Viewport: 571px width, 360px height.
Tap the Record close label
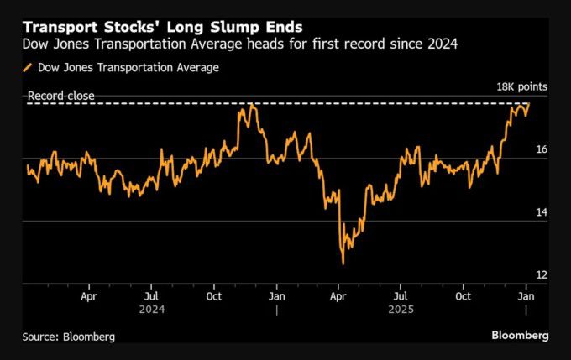coord(60,96)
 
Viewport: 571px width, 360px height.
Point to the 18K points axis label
coord(521,87)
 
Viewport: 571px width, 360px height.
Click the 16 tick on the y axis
coord(542,149)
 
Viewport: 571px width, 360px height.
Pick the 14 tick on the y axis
coord(542,212)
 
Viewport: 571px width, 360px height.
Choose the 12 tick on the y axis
coord(542,275)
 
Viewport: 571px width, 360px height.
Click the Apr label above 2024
coord(89,296)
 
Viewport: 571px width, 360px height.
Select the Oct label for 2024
coord(213,296)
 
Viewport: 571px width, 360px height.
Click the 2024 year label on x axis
coord(151,309)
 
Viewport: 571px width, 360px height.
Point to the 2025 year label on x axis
coord(401,309)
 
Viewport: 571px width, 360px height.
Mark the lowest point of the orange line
coord(343,263)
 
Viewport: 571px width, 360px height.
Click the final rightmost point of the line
coord(529,104)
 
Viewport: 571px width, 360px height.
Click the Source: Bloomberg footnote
coord(69,336)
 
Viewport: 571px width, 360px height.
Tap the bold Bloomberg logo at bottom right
coord(520,335)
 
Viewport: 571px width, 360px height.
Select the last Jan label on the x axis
coord(526,296)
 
